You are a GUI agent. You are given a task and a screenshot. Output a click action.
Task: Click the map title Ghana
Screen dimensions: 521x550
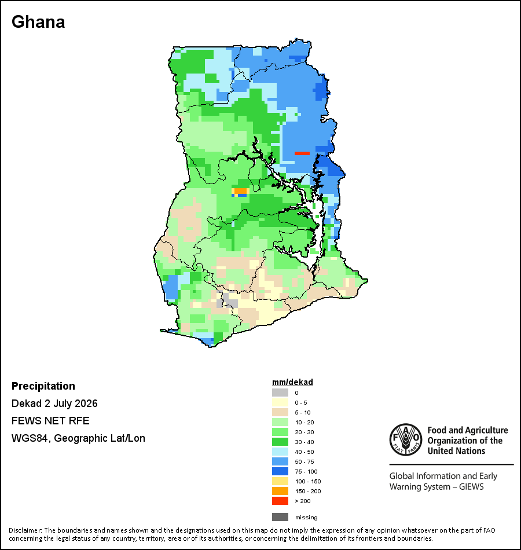tap(38, 22)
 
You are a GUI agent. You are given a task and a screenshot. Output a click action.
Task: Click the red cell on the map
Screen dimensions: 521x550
tap(302, 153)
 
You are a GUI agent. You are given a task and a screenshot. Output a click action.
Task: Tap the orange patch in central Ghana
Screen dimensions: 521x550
tap(241, 191)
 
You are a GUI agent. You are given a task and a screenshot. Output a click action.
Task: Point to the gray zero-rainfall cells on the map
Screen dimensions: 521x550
tap(226, 300)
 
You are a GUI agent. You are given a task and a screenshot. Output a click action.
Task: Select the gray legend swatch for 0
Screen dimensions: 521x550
tap(280, 393)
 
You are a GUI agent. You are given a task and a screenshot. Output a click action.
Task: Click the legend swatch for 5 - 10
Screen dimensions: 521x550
tap(280, 412)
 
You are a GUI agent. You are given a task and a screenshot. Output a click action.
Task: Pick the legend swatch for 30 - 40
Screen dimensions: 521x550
tap(280, 442)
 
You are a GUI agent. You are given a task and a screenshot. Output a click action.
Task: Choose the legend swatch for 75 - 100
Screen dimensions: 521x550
tap(280, 471)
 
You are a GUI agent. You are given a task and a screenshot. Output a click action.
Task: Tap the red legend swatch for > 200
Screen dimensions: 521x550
tap(280, 501)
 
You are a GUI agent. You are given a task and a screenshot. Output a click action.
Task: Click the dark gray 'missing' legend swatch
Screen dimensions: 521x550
tap(280, 517)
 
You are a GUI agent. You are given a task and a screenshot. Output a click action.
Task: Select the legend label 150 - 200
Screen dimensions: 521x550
tap(308, 491)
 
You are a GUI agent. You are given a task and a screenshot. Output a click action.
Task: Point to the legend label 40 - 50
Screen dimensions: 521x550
tap(304, 452)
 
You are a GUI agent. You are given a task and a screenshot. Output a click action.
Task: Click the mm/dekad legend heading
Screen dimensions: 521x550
tap(292, 382)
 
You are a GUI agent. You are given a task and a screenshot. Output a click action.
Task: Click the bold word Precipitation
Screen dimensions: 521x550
tap(43, 386)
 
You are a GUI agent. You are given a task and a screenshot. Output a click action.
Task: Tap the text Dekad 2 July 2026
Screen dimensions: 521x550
tap(54, 404)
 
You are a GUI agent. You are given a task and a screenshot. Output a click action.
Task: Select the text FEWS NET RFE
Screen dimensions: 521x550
tap(50, 420)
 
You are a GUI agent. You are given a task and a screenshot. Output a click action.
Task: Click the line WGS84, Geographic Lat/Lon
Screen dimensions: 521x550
tap(78, 438)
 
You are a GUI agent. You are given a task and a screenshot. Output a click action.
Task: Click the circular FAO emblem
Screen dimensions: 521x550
tap(406, 439)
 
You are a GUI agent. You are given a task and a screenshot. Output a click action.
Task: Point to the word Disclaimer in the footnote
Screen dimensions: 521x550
tap(25, 530)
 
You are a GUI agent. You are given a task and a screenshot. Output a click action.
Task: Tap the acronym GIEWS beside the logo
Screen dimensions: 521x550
tap(471, 487)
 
